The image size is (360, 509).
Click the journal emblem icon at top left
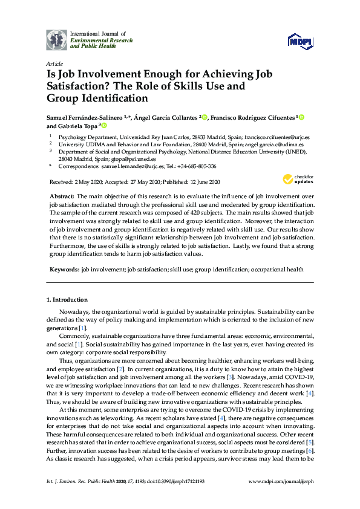pyautogui.click(x=56, y=39)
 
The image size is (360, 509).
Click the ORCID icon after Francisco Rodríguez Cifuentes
pyautogui.click(x=301, y=117)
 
